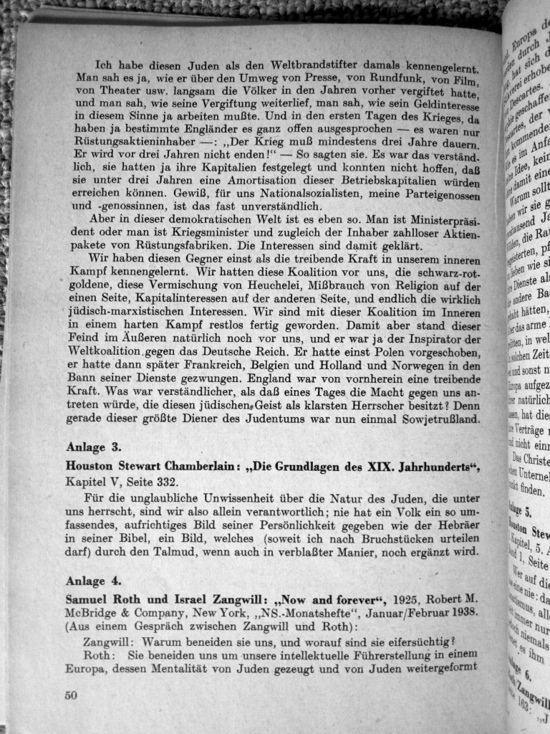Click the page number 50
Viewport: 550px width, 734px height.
tap(70, 695)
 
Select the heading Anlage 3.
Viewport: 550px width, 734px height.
tap(94, 447)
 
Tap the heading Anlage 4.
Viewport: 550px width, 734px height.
tap(94, 581)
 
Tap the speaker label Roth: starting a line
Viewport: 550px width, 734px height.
tap(98, 655)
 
